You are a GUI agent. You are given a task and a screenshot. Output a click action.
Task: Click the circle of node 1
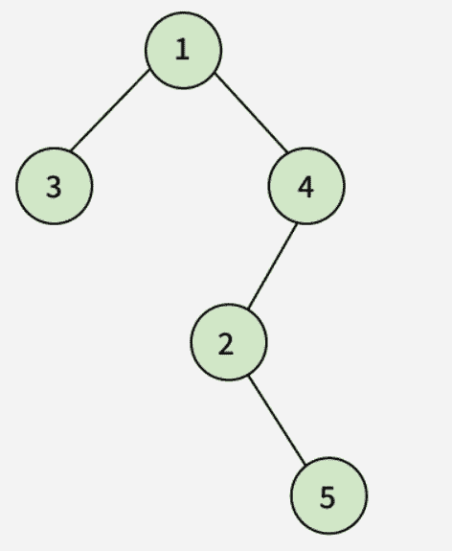click(x=183, y=50)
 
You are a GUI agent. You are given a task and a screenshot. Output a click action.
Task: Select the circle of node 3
click(x=54, y=186)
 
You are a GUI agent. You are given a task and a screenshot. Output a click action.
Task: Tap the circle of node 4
click(x=306, y=186)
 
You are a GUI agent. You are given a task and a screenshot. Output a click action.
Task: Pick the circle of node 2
click(x=229, y=342)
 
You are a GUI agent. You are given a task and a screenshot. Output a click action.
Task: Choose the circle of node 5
click(x=329, y=495)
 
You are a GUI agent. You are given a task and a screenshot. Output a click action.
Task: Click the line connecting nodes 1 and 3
click(x=110, y=110)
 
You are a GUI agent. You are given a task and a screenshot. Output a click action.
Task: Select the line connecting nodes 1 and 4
click(x=251, y=113)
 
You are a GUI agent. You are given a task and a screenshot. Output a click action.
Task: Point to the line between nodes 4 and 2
click(x=272, y=266)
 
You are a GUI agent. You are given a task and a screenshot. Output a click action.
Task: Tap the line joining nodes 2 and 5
click(x=277, y=420)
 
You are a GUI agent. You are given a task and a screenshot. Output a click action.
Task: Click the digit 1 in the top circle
click(x=182, y=49)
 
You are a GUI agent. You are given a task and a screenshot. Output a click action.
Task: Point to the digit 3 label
click(x=54, y=187)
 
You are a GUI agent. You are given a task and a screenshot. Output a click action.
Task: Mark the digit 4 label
click(x=305, y=187)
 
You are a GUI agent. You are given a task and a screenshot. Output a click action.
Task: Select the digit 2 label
click(x=225, y=344)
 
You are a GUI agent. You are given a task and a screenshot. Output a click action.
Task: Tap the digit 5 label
click(x=328, y=497)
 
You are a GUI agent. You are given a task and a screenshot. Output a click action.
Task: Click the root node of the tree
click(x=183, y=50)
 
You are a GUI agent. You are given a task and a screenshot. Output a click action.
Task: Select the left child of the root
click(x=54, y=186)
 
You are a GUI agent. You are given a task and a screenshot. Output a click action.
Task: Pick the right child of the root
click(x=306, y=186)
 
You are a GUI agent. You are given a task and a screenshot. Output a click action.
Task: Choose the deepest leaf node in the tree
click(x=329, y=495)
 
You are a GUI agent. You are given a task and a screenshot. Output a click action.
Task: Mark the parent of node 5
click(x=229, y=342)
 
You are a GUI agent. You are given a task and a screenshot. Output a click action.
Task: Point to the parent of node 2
click(x=306, y=186)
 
